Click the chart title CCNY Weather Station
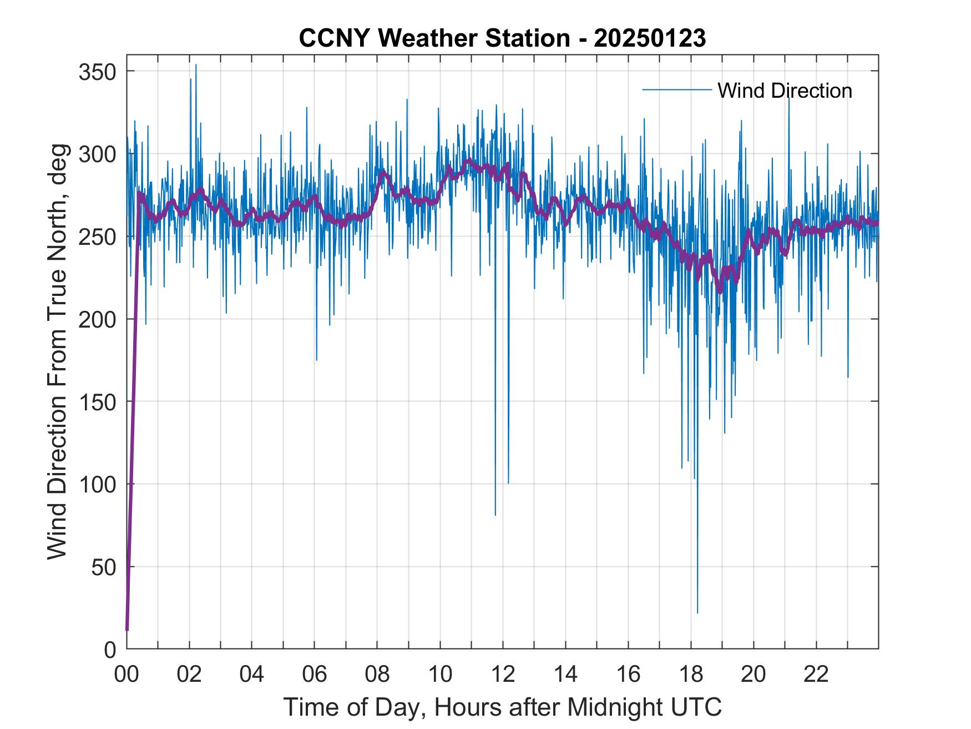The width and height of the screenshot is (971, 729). [x=502, y=38]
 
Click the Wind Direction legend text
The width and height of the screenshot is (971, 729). [x=785, y=91]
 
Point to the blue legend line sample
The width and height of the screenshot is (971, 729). [x=676, y=90]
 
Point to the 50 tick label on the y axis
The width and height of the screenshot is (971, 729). [x=103, y=567]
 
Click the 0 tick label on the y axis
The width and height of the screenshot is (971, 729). [x=110, y=649]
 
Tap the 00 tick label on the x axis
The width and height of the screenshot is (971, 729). [x=127, y=674]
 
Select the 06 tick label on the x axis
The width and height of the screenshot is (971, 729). [x=315, y=674]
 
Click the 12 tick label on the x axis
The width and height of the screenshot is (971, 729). [x=503, y=674]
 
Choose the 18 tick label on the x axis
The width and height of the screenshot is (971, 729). [x=691, y=674]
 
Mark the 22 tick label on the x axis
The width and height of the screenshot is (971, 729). [x=816, y=674]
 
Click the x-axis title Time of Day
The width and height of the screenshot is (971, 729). [x=502, y=707]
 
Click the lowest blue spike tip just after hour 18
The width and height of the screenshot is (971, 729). [x=697, y=612]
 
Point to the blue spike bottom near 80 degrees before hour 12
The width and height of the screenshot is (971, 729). [x=495, y=515]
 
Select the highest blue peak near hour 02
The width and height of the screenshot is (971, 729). [x=196, y=65]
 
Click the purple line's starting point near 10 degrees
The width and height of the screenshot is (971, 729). [x=127, y=630]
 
